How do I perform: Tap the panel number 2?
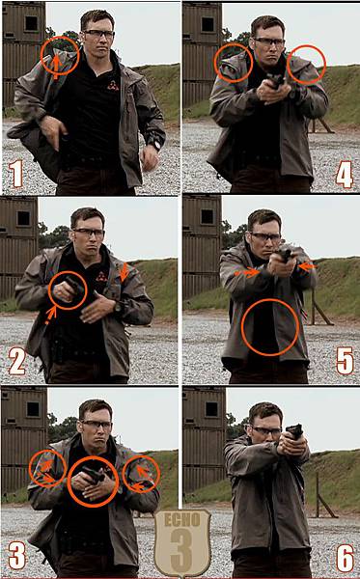17,362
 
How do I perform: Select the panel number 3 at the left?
17,556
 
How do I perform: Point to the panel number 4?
345,177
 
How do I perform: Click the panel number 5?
345,362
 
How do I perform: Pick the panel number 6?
346,557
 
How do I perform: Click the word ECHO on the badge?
182,520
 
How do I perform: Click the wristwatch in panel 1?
157,145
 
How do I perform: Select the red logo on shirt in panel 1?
113,86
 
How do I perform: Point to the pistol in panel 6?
294,431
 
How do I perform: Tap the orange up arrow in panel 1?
55,67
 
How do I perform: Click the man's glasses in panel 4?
268,41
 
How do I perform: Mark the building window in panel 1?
31,23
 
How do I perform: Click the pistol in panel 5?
285,254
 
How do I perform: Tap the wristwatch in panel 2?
118,307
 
